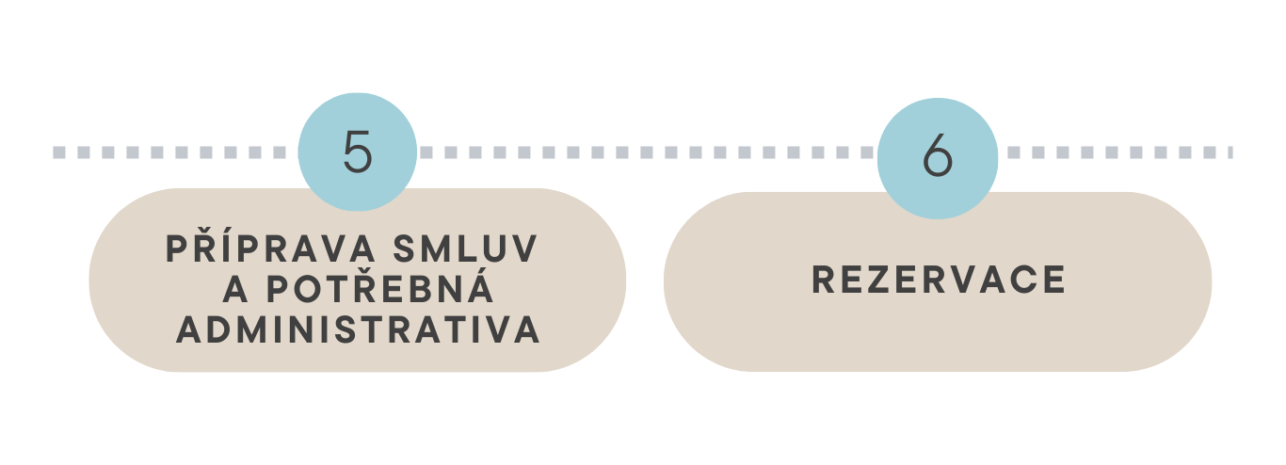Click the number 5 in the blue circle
pos(358,152)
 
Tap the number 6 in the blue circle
pos(938,156)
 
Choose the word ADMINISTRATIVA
pos(358,330)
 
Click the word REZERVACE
pos(939,281)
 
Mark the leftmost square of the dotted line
pos(58,152)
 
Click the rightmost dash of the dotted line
pos(1230,152)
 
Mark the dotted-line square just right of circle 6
pos(1014,152)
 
